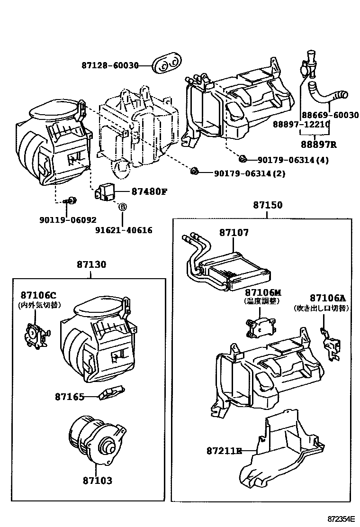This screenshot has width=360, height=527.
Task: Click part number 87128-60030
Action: click(x=110, y=65)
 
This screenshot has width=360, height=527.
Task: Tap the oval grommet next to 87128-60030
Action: click(x=167, y=64)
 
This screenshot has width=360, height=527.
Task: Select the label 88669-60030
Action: click(x=330, y=115)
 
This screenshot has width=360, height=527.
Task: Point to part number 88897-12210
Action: click(x=301, y=124)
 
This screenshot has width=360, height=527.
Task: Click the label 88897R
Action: click(x=318, y=145)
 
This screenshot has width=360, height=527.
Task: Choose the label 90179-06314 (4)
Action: click(x=293, y=160)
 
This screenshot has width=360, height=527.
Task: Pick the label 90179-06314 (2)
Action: click(x=250, y=173)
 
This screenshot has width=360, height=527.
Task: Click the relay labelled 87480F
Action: click(x=106, y=192)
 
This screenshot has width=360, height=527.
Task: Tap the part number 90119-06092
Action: click(x=68, y=220)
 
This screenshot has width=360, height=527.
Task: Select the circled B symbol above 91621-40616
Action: click(x=122, y=207)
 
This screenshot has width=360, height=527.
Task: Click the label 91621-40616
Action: click(x=124, y=230)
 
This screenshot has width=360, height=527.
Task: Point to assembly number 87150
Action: click(x=268, y=205)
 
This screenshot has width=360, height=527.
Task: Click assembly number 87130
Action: click(x=91, y=264)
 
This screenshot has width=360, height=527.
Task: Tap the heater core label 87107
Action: click(x=234, y=232)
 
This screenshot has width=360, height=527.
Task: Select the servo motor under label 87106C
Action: click(x=36, y=335)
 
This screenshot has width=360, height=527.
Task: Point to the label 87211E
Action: click(x=224, y=451)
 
